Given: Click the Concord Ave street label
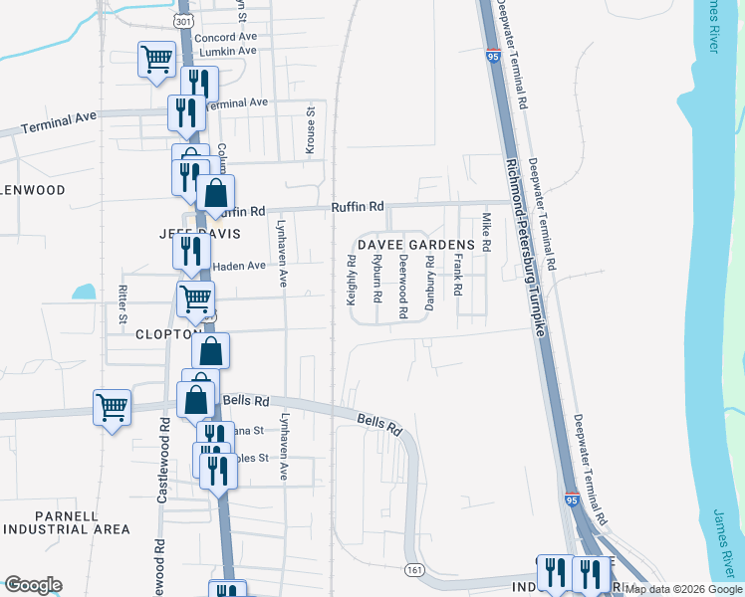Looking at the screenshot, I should (225, 37).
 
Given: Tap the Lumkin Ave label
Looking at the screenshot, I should (228, 52).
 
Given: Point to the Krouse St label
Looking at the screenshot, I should (311, 128).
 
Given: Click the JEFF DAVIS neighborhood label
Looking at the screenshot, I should (173, 233).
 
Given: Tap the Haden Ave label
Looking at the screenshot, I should (240, 266).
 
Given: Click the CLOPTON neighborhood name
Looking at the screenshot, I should (169, 335).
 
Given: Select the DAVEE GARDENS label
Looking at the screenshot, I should (415, 245).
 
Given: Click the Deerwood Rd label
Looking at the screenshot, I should (402, 286).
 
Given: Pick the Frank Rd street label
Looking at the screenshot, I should (458, 275).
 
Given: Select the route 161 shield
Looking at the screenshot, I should (415, 568).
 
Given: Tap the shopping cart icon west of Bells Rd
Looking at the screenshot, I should (112, 406).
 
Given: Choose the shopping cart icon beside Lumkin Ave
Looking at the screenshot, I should (156, 60).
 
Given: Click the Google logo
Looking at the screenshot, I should (33, 585).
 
